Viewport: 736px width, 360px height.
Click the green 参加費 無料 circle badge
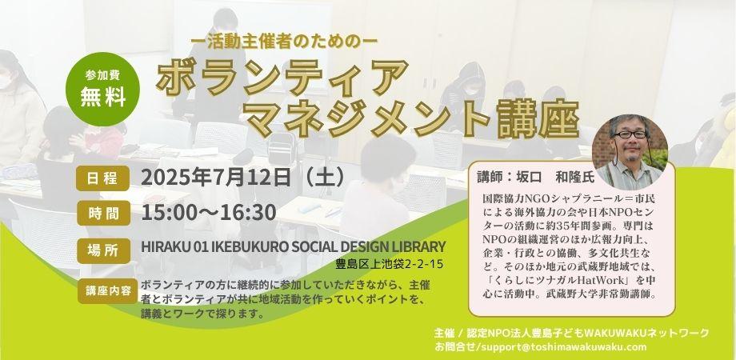[102, 89]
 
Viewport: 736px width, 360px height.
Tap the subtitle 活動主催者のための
[285, 42]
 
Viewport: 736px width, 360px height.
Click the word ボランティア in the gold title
[282, 78]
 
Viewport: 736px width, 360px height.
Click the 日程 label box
[102, 178]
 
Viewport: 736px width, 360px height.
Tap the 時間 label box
[102, 213]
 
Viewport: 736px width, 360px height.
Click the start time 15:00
[166, 212]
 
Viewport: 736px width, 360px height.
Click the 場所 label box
[102, 250]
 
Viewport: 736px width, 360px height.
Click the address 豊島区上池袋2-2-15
[389, 264]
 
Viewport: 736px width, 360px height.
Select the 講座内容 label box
[108, 291]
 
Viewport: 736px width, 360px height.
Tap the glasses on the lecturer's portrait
[630, 134]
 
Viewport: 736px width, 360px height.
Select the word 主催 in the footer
[444, 334]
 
